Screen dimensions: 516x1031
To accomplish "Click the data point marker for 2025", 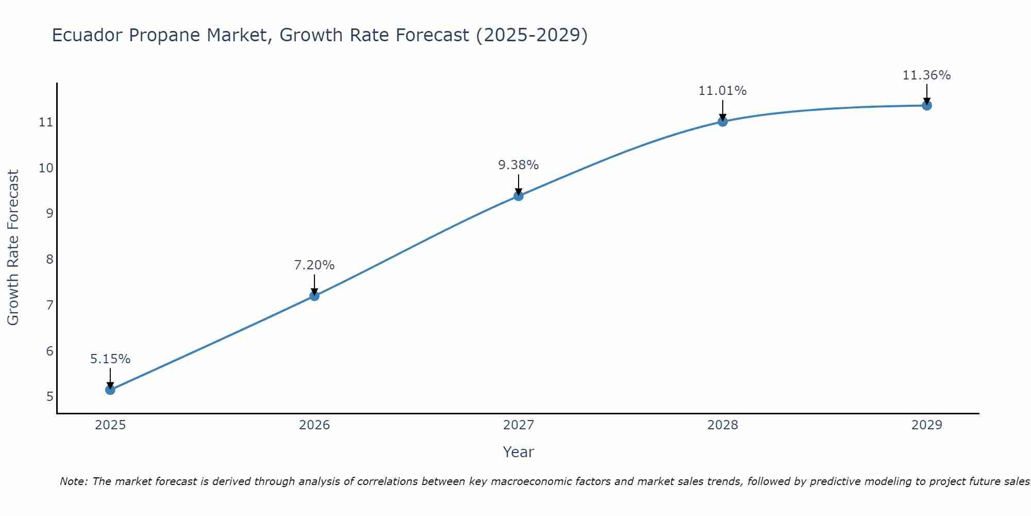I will coord(110,390).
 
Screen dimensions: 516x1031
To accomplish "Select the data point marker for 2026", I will coord(314,296).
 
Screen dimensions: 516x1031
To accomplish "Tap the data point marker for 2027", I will coord(519,196).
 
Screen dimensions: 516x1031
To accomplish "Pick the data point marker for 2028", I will coord(723,121).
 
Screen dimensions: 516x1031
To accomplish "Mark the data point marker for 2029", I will coord(927,105).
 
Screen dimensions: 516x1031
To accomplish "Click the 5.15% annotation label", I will coord(110,359).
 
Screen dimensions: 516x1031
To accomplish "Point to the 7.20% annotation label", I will coord(314,265).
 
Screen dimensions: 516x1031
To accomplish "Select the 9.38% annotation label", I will coord(519,165).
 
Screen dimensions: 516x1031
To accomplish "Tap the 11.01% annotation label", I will coord(723,91).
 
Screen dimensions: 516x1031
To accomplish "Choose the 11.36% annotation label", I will coord(927,75).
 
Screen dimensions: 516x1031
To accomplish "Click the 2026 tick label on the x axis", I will coord(314,425).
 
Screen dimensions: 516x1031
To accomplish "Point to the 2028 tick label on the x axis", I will coord(723,425).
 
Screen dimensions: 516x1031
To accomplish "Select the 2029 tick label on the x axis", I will coord(927,425).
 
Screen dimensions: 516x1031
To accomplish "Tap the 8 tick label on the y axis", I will coord(49,259).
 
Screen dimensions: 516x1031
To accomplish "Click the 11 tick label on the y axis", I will coord(46,122).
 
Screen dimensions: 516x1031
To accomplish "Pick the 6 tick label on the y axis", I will coord(49,351).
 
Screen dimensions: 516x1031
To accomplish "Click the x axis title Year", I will coord(519,452).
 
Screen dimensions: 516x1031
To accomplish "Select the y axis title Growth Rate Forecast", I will coord(13,248).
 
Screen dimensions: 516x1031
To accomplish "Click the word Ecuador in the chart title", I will coord(87,35).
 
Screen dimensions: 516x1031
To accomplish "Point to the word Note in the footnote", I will coord(74,481).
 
